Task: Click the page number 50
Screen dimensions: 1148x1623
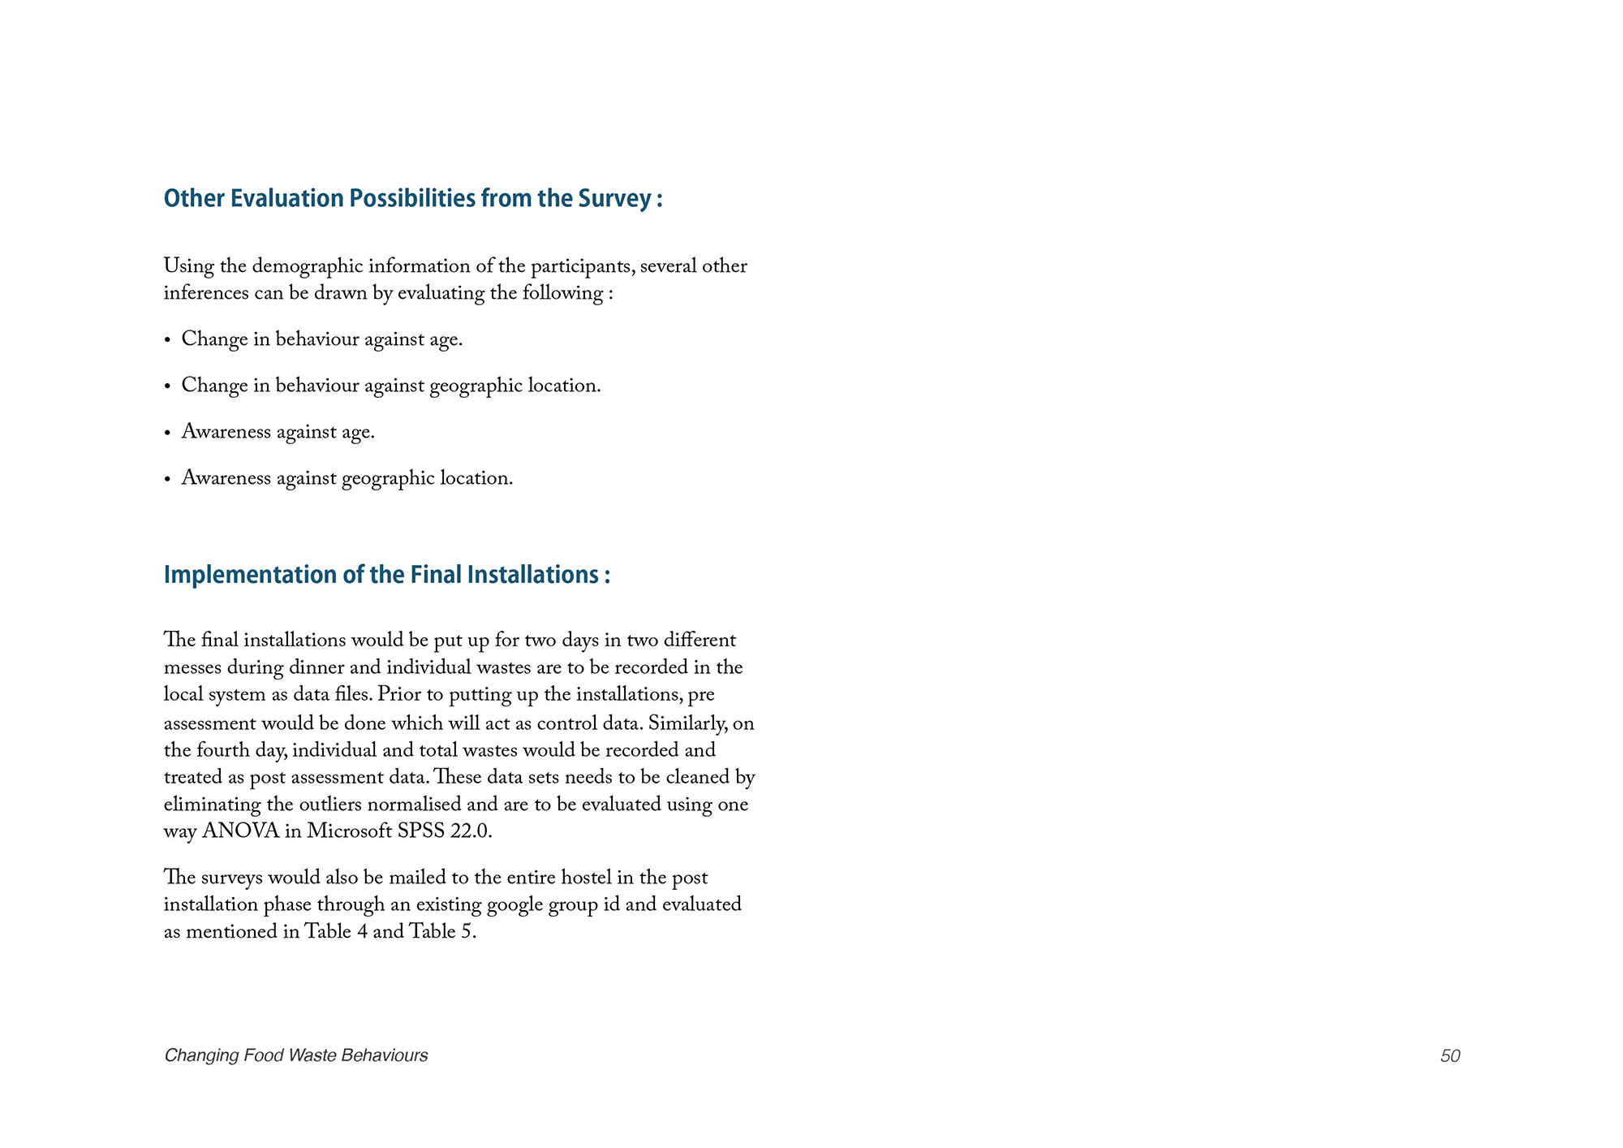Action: pyautogui.click(x=1450, y=1055)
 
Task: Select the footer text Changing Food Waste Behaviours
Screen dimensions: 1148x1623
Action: pyautogui.click(x=296, y=1055)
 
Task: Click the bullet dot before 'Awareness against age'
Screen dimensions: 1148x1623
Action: pyautogui.click(x=168, y=434)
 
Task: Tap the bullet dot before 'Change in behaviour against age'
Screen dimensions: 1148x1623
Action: pyautogui.click(x=168, y=341)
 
